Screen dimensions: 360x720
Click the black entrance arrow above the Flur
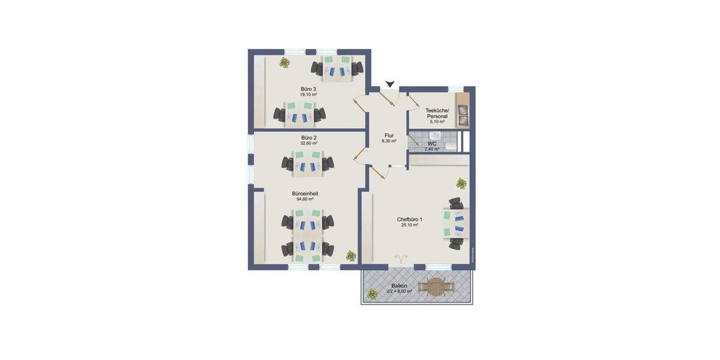[391, 85]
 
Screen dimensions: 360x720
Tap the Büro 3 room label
[308, 89]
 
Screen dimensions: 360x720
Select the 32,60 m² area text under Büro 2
[308, 144]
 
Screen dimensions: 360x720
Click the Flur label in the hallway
[388, 135]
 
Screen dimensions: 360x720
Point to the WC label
[432, 144]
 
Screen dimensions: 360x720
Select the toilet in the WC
[450, 146]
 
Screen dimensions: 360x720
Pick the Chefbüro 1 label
[409, 220]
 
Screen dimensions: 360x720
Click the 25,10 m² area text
[409, 226]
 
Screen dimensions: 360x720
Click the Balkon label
[398, 286]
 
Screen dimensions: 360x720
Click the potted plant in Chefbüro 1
[461, 183]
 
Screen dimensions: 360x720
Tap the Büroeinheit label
[305, 194]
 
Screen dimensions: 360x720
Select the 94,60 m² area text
[305, 200]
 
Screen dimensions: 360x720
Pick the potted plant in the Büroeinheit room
[350, 256]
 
